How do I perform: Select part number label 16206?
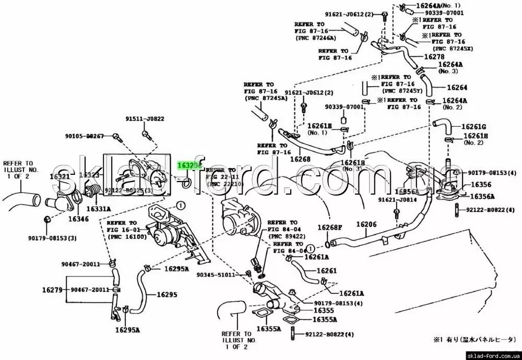(x=366, y=224)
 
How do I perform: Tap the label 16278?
(x=435, y=56)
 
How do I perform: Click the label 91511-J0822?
(x=145, y=118)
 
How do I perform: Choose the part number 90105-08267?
(x=85, y=136)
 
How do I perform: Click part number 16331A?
(x=98, y=209)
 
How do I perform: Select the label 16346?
(x=78, y=219)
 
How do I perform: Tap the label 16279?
(x=53, y=290)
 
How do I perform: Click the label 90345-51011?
(x=215, y=275)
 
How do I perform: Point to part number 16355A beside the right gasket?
(x=325, y=319)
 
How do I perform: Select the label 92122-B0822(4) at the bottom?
(x=329, y=334)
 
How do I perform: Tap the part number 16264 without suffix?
(x=457, y=88)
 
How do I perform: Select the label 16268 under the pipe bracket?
(x=300, y=159)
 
